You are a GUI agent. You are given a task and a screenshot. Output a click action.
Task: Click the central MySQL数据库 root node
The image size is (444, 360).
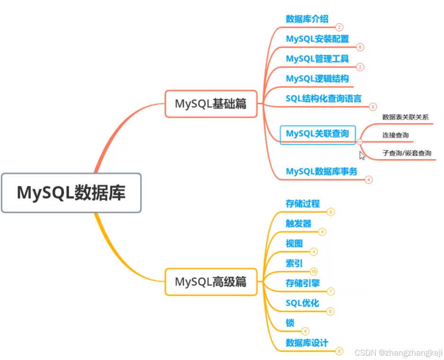click(71, 193)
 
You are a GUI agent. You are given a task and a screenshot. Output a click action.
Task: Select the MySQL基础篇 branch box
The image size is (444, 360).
click(211, 104)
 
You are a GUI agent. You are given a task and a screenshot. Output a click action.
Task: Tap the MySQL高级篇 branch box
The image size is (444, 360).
click(211, 282)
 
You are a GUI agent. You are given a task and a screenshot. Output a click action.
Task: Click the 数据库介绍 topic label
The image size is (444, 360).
click(307, 19)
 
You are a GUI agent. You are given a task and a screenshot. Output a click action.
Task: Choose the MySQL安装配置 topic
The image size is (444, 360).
click(317, 39)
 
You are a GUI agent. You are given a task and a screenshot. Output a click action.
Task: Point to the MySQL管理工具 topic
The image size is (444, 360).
click(317, 59)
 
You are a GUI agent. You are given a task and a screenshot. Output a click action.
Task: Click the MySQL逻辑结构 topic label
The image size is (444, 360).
click(317, 79)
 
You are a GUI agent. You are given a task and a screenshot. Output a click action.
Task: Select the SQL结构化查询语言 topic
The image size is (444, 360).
click(323, 98)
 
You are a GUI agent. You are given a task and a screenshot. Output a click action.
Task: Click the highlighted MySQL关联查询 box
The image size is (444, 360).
click(317, 134)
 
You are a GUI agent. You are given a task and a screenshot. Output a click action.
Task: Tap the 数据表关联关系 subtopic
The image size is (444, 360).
click(405, 117)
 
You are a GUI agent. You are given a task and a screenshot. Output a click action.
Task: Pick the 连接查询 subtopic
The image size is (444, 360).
click(395, 135)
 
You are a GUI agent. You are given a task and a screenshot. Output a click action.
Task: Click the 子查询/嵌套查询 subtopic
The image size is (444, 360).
click(407, 153)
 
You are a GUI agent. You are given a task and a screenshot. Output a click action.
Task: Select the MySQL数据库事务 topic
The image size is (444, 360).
click(322, 171)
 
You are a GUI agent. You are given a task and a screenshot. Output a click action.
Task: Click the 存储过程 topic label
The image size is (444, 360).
click(303, 203)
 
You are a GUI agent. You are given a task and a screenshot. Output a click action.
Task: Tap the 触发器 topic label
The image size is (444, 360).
click(298, 223)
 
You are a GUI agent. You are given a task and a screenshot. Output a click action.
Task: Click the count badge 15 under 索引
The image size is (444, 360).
click(314, 272)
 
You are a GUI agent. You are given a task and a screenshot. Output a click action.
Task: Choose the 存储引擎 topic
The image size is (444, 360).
click(303, 283)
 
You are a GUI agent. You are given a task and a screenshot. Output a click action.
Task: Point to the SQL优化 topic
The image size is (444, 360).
click(302, 303)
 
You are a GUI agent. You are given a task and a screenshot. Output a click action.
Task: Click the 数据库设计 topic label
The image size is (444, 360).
click(307, 342)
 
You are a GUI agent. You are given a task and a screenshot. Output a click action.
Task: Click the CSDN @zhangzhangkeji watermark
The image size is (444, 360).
click(398, 353)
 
